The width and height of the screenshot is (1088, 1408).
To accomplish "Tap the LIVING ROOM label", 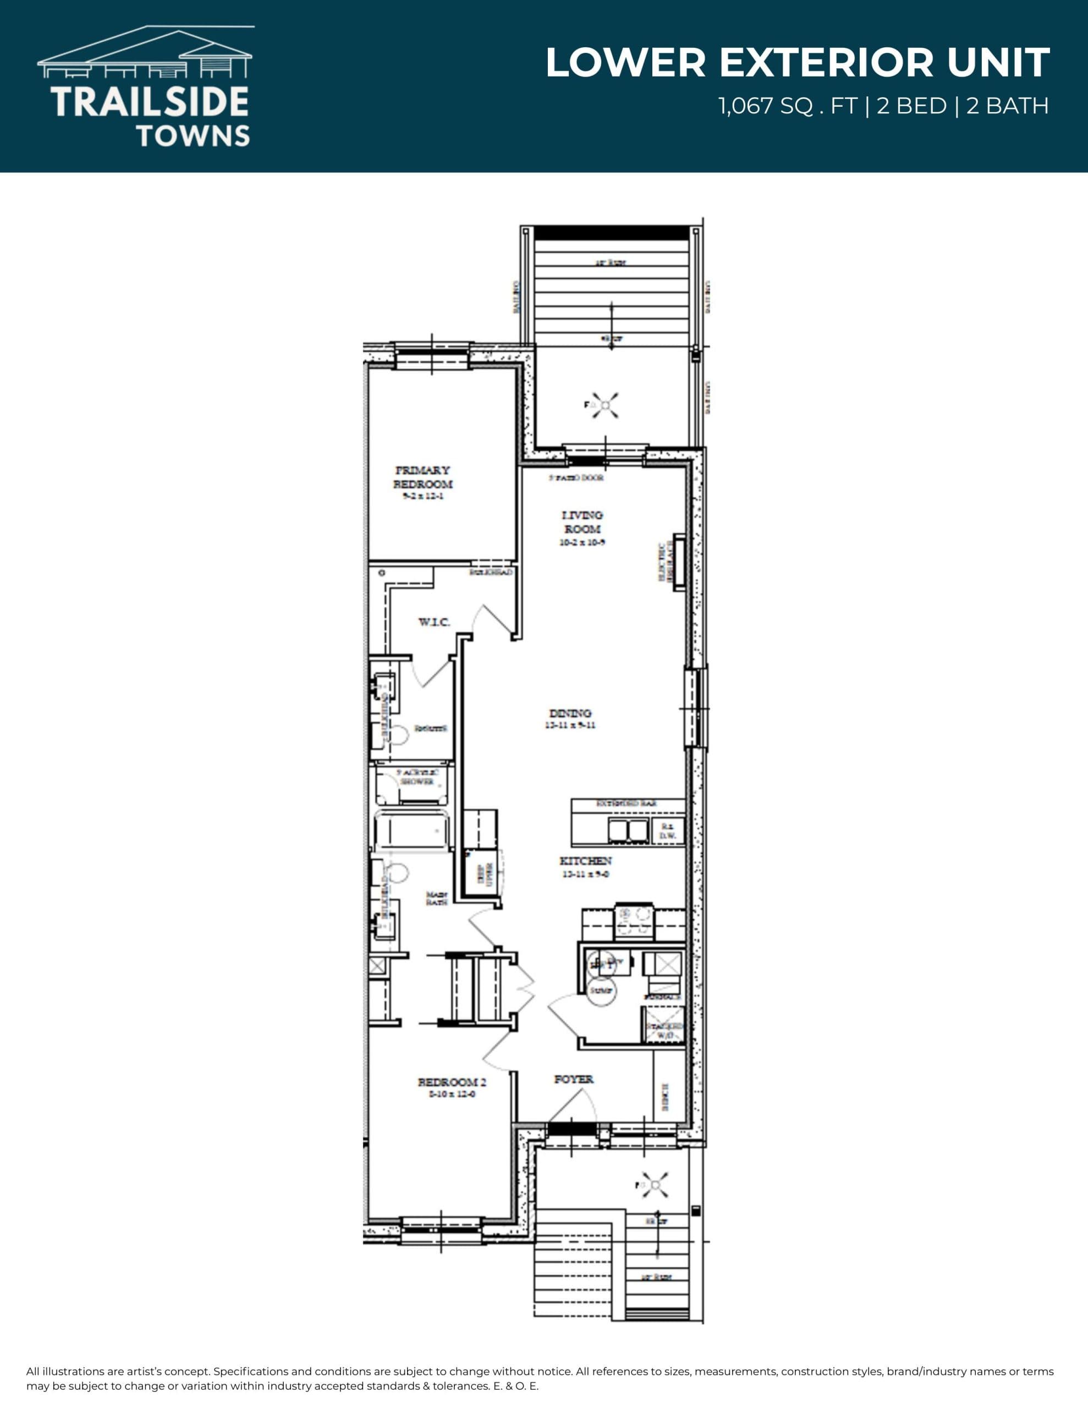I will (583, 522).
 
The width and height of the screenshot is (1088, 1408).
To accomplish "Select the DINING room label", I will (570, 713).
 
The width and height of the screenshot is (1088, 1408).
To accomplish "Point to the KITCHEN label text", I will (585, 861).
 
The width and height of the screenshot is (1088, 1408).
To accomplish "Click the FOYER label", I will (573, 1079).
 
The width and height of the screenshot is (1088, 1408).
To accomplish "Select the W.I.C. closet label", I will (434, 622).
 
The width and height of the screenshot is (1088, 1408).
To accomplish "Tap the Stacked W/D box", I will (662, 1026).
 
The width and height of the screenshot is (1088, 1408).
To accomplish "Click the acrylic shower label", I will (416, 777).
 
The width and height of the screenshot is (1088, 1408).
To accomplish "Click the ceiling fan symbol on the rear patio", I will (605, 405).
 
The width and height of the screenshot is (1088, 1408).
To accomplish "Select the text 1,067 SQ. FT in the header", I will (788, 106).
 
